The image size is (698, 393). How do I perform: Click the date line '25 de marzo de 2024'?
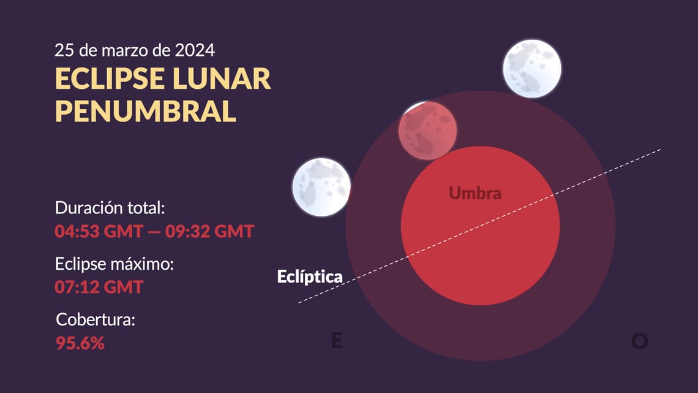pos(135,49)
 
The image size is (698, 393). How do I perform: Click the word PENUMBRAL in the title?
pos(146,111)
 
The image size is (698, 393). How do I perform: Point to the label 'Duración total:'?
pos(110,208)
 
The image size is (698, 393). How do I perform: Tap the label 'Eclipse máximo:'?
pos(115,264)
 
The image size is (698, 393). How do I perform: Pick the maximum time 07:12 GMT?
pos(99,286)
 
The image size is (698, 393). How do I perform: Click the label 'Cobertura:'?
pos(95,319)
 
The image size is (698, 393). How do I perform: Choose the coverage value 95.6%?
pos(80,343)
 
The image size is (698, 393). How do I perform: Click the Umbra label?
pos(475,193)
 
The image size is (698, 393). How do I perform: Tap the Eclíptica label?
pos(309,277)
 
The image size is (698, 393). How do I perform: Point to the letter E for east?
pos(336,341)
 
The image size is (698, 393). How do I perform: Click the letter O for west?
pos(639,341)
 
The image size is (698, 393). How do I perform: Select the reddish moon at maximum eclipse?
pos(427,131)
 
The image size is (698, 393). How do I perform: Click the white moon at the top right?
pos(531,68)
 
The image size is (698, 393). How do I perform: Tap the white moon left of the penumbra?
pos(321,187)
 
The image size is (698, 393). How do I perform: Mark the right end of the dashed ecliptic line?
pos(660,149)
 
